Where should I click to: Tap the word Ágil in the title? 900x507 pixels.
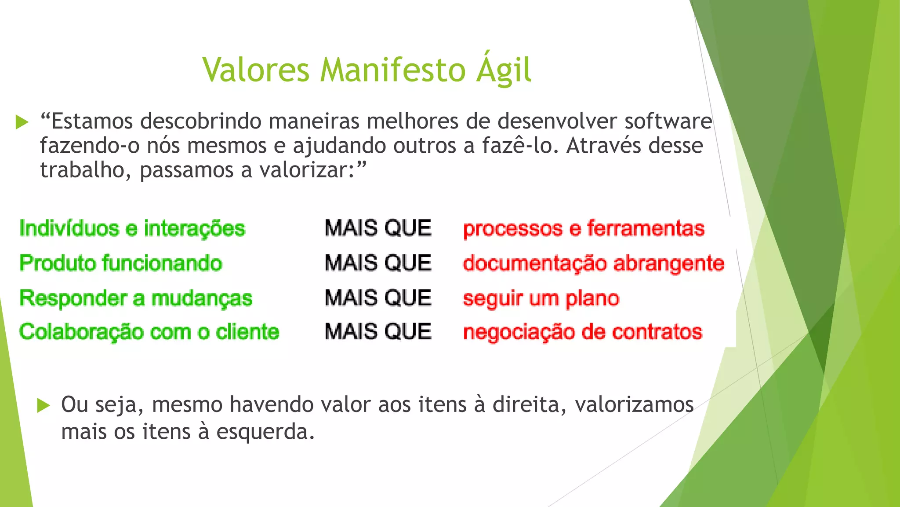pyautogui.click(x=504, y=70)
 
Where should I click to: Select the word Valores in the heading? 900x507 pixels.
pyautogui.click(x=256, y=70)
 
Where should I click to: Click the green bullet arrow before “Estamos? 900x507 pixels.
pyautogui.click(x=22, y=122)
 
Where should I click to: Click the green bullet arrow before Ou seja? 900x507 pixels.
pyautogui.click(x=44, y=405)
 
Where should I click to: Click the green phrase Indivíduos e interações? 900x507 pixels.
pyautogui.click(x=132, y=228)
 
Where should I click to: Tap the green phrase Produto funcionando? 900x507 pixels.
pyautogui.click(x=121, y=263)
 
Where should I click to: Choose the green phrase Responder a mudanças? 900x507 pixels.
pyautogui.click(x=136, y=298)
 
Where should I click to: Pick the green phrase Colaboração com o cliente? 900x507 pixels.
pyautogui.click(x=149, y=332)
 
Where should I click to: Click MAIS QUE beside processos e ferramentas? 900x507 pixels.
pyautogui.click(x=378, y=228)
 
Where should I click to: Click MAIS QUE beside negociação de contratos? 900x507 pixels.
pyautogui.click(x=378, y=331)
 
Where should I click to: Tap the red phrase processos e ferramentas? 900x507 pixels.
pyautogui.click(x=584, y=229)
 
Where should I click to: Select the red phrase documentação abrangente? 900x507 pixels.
pyautogui.click(x=593, y=264)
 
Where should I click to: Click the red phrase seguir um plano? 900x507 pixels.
pyautogui.click(x=541, y=299)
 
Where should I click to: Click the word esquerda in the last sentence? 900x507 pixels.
pyautogui.click(x=265, y=432)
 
